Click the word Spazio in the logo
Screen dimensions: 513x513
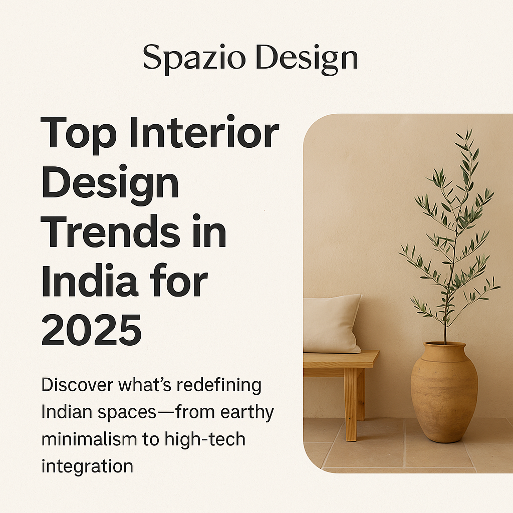tap(194, 59)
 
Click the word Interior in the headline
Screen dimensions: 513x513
tap(204, 132)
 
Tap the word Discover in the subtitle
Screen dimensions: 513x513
tap(77, 385)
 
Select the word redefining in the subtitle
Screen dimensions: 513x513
tap(219, 385)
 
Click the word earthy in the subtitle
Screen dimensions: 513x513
tap(247, 413)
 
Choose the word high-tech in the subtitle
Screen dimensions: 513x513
tap(205, 439)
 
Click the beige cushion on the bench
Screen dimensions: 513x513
tap(332, 324)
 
